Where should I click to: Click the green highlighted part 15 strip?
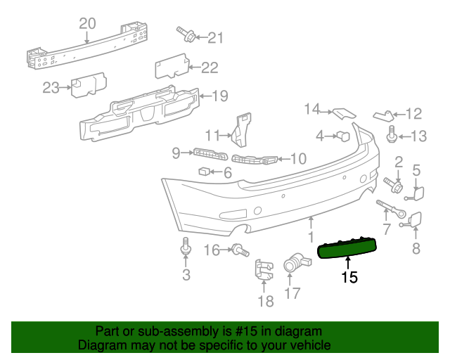[347, 247]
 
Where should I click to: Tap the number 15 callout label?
[349, 278]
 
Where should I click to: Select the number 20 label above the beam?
[87, 23]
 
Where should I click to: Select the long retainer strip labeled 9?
[209, 154]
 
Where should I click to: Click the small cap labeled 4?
[343, 135]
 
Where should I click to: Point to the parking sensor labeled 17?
[292, 263]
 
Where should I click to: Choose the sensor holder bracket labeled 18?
[263, 271]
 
